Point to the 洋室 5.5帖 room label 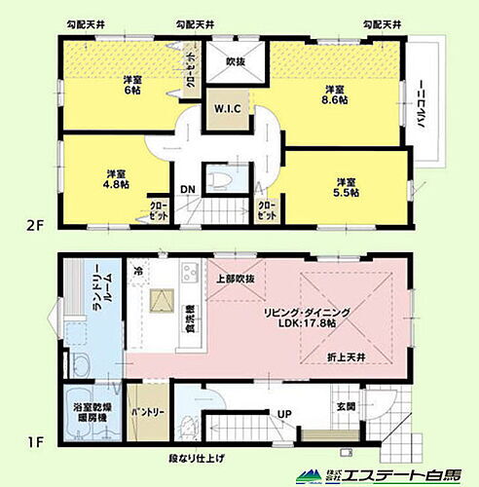[346, 188]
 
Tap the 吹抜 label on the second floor [234, 61]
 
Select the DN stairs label [186, 190]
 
